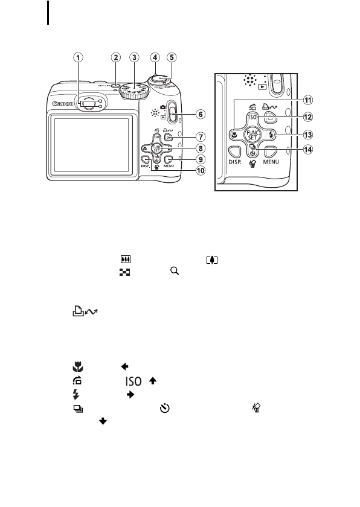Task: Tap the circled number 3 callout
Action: point(135,57)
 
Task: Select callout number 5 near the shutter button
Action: point(172,57)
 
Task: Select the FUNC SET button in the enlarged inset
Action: point(254,135)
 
